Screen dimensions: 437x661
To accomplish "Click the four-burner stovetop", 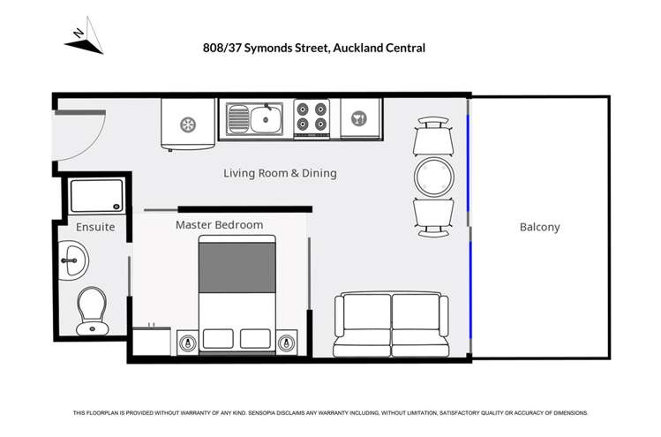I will [312, 117].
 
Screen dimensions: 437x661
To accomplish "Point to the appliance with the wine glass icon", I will [359, 118].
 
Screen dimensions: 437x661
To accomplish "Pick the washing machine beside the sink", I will [186, 124].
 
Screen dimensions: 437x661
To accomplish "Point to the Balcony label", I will [539, 227].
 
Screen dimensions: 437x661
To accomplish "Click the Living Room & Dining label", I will [280, 173].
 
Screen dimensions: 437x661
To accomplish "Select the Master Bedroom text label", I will [219, 225].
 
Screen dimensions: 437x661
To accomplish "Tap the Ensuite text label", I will [94, 227].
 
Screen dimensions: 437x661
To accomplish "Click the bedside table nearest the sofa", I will [285, 343].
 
